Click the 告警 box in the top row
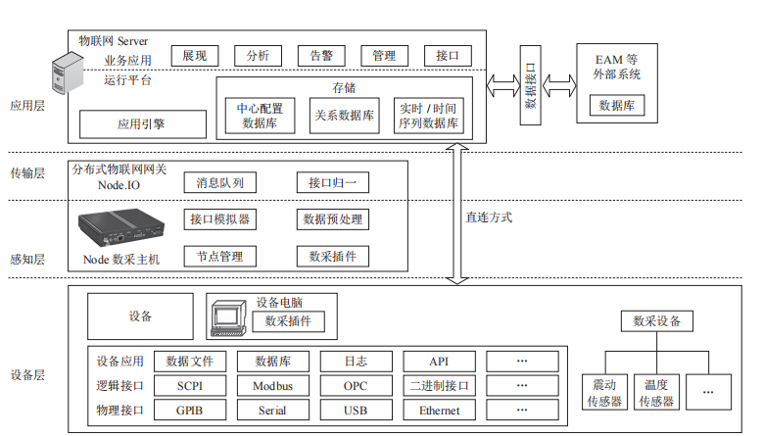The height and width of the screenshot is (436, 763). click(x=320, y=56)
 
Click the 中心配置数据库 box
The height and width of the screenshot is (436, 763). click(x=260, y=117)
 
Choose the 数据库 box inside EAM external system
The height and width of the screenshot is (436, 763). click(x=617, y=105)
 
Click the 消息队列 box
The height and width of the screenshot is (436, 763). click(x=219, y=182)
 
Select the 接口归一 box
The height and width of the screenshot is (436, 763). click(x=333, y=182)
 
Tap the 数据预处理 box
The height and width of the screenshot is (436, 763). click(x=333, y=219)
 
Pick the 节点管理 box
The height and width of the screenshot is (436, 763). click(x=219, y=257)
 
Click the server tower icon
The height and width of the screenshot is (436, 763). click(x=67, y=77)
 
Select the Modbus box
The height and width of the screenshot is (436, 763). click(x=272, y=385)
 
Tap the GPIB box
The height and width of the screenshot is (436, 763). click(x=190, y=411)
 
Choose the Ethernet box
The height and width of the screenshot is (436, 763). click(x=439, y=411)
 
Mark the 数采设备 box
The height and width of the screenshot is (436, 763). click(x=656, y=320)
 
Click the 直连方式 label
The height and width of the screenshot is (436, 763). click(x=489, y=218)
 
